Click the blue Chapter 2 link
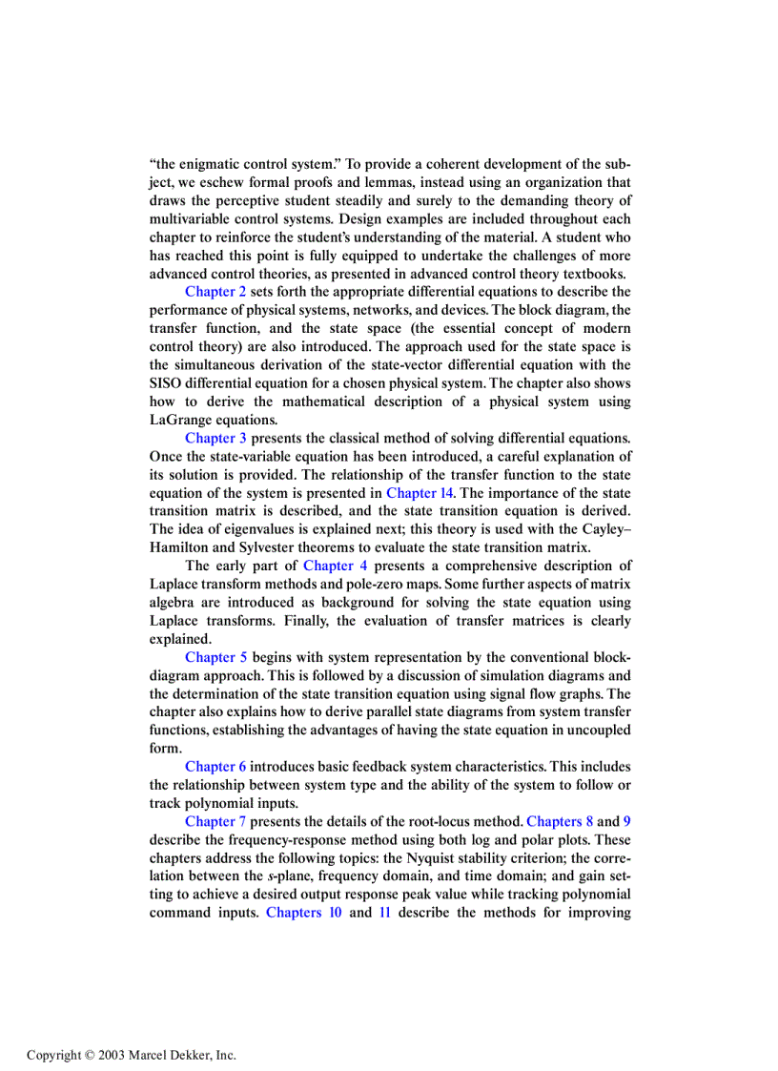[x=215, y=292]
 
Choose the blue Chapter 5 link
[x=215, y=657]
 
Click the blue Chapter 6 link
[x=215, y=767]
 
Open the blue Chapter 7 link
[x=215, y=821]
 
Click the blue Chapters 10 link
[x=304, y=913]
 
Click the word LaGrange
[x=184, y=420]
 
